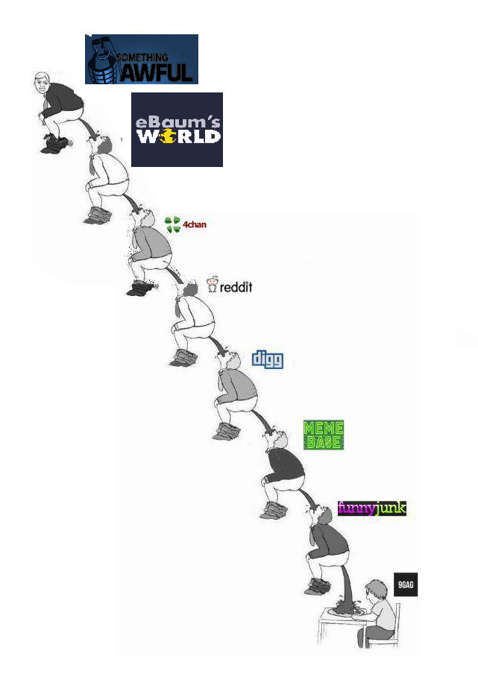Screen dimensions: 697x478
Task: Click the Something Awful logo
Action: click(141, 59)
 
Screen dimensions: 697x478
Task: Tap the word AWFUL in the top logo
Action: click(157, 72)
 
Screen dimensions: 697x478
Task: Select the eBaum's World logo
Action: click(177, 129)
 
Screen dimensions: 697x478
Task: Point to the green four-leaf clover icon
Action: click(173, 224)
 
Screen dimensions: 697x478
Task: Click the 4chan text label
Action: click(195, 224)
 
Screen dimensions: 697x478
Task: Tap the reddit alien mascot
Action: click(213, 284)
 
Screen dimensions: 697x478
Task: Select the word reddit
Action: click(236, 286)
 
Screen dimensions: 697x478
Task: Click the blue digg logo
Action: click(267, 359)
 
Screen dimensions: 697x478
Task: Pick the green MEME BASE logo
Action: click(324, 435)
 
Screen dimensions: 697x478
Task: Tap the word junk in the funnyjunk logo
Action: click(391, 508)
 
